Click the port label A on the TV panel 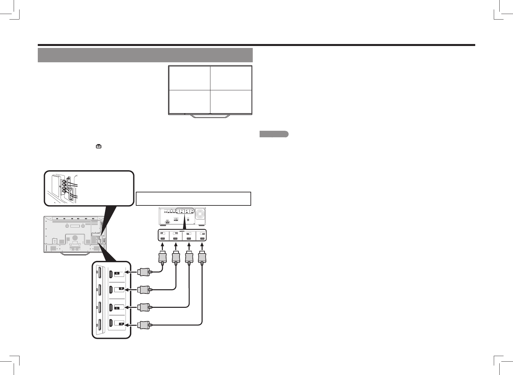117,273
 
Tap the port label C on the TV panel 117,308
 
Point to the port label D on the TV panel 121,324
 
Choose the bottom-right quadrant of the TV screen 231,101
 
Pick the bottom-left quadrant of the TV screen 189,101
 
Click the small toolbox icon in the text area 98,147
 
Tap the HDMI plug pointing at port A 144,272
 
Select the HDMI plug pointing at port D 144,325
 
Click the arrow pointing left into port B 132,289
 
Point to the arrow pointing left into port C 132,307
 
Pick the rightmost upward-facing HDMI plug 202,258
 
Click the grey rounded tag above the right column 274,134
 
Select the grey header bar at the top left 145,55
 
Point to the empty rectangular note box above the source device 193,199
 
